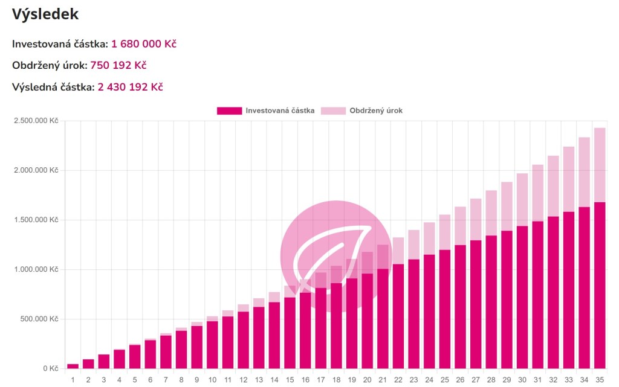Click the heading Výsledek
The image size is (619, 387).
pos(45,14)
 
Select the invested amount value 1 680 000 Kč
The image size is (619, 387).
pos(144,43)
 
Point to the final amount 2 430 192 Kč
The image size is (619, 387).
pos(130,87)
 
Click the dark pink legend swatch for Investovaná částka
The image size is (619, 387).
pos(228,110)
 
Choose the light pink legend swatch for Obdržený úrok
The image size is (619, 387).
pos(333,110)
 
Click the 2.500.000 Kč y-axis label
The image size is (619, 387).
pos(36,121)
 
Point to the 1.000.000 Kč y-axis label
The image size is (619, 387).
pos(36,269)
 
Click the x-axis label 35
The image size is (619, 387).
pos(599,380)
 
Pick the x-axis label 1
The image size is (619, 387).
pos(73,380)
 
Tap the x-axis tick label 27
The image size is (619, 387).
pos(475,380)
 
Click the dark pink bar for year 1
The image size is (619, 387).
pos(73,366)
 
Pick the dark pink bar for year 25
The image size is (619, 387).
pos(444,308)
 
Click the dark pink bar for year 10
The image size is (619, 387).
pos(212,344)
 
